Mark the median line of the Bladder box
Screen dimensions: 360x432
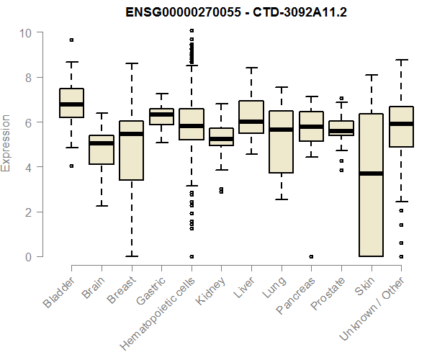(71, 104)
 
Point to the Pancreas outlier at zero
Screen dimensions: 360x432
(311, 256)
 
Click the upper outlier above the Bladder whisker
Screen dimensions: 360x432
(71, 40)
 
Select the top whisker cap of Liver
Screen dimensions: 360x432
(251, 68)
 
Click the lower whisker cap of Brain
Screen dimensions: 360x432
(102, 206)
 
